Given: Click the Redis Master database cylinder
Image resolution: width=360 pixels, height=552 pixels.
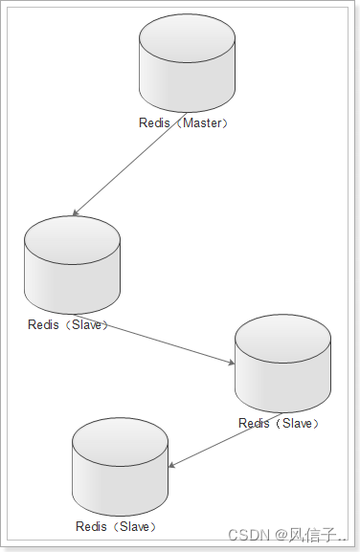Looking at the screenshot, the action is pyautogui.click(x=187, y=63).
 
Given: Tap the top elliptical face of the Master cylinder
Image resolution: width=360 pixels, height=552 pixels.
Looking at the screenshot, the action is pyautogui.click(x=187, y=38).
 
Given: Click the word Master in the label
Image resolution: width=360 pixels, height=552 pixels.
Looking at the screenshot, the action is pyautogui.click(x=202, y=122).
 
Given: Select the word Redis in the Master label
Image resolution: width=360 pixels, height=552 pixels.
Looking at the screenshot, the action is pyautogui.click(x=154, y=122).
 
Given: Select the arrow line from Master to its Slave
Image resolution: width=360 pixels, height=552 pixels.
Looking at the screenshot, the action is pyautogui.click(x=129, y=164).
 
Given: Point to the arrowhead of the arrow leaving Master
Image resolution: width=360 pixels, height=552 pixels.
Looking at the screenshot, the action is pyautogui.click(x=75, y=212).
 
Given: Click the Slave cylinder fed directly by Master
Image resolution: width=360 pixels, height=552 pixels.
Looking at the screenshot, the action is pyautogui.click(x=72, y=265).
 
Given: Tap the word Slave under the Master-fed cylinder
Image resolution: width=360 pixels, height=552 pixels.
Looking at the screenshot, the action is pyautogui.click(x=87, y=324).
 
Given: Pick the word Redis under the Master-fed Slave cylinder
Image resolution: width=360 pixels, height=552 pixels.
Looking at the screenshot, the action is pyautogui.click(x=43, y=324).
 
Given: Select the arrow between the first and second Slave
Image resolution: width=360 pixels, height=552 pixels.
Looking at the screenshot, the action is pyautogui.click(x=153, y=339).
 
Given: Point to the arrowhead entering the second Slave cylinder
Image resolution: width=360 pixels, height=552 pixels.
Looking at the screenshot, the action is pyautogui.click(x=232, y=363).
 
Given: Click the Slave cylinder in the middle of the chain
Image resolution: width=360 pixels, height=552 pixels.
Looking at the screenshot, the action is pyautogui.click(x=282, y=364).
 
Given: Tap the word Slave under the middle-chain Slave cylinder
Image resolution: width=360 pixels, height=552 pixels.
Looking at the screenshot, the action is pyautogui.click(x=298, y=423).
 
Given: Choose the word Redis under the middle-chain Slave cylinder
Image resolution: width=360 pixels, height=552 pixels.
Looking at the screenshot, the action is pyautogui.click(x=254, y=423).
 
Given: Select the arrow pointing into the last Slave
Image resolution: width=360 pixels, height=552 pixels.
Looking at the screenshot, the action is pyautogui.click(x=225, y=440).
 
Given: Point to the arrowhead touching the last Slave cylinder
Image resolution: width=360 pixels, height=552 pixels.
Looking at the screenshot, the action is pyautogui.click(x=171, y=466).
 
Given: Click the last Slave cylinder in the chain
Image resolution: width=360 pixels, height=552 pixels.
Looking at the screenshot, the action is pyautogui.click(x=120, y=467).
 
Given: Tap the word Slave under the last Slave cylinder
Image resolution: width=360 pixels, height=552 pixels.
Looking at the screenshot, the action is pyautogui.click(x=135, y=527).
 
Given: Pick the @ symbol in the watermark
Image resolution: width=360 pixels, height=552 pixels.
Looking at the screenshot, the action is pyautogui.click(x=281, y=536).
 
